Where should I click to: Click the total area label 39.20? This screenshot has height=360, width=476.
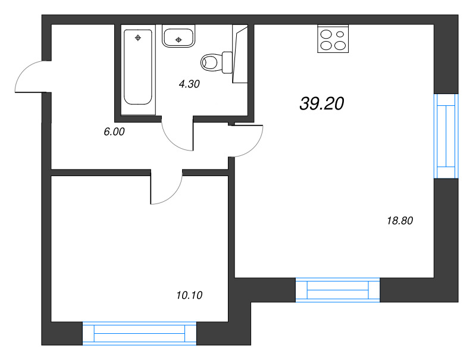[x=322, y=104]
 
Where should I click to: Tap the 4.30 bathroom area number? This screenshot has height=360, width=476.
[x=189, y=84]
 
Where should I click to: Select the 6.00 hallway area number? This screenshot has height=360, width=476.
[x=114, y=132]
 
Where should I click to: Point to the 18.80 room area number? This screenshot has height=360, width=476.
[x=400, y=221]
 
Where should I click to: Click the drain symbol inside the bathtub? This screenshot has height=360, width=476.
[x=138, y=39]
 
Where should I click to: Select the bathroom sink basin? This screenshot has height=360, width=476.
[x=178, y=37]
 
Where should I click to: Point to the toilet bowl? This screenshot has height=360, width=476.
[x=210, y=61]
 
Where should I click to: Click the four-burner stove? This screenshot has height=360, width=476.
[x=333, y=39]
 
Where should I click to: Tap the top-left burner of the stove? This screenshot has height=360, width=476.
[x=326, y=34]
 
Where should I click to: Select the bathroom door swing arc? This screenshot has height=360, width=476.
[x=177, y=136]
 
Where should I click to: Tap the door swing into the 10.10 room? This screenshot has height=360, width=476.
[x=167, y=189]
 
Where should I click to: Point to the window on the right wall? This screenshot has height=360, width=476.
[x=446, y=136]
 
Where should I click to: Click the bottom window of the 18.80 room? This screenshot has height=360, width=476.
[x=337, y=289]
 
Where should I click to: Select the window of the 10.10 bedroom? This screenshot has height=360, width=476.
[x=139, y=333]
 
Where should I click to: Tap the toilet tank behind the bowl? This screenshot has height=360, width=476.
[x=227, y=61]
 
